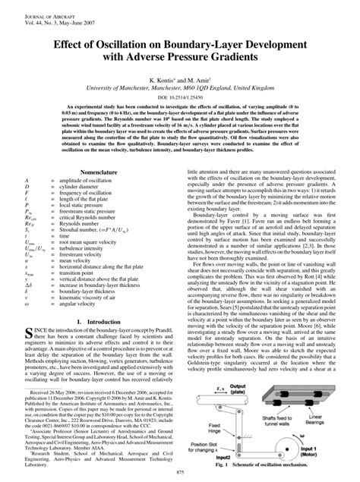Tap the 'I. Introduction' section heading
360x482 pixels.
[x=90, y=301]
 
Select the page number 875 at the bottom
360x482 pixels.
[x=180, y=474]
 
